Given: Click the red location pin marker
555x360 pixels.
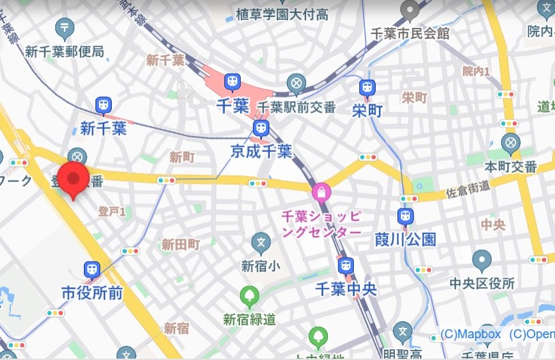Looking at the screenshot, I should tap(73, 179).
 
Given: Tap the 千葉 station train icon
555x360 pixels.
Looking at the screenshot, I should tap(232, 83).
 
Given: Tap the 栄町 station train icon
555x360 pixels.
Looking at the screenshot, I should tap(367, 87).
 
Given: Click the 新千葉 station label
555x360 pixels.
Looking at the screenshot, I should tap(104, 127).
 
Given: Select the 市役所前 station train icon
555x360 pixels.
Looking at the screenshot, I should tap(92, 270).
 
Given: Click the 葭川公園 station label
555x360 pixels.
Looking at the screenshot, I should tap(406, 239).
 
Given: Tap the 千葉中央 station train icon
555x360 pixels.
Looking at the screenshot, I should tap(346, 265).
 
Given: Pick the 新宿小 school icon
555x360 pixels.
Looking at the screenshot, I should tap(260, 241).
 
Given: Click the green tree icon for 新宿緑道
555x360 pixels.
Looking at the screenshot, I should tap(250, 296).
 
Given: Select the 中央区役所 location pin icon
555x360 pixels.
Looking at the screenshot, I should tap(482, 260).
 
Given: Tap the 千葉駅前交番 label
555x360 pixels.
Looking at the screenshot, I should tap(297, 107).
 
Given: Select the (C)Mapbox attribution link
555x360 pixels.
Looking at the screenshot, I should tap(470, 334).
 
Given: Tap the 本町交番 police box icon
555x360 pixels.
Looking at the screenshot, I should tap(511, 143).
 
